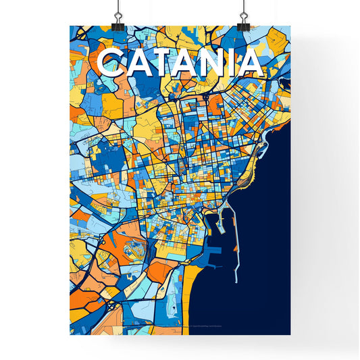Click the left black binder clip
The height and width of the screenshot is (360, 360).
point(119,15)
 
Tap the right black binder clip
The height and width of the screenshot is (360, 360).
point(242,15)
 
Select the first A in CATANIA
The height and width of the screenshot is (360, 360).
point(137,63)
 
